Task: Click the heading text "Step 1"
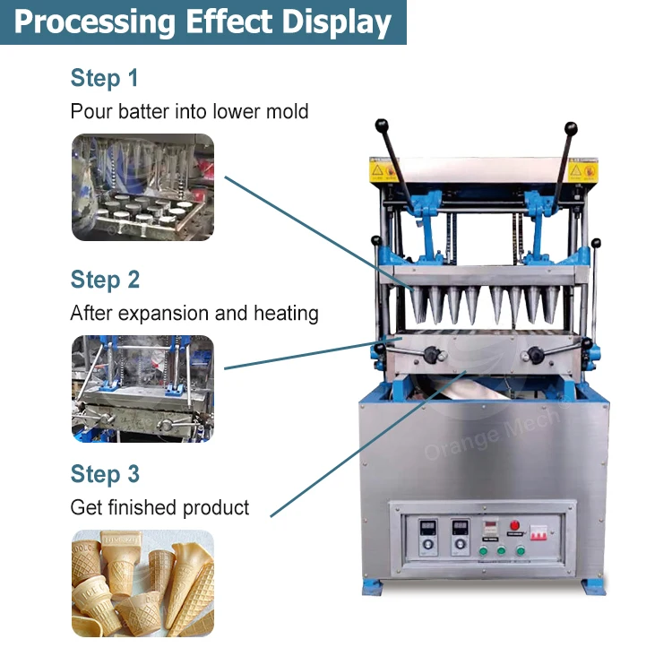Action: pyautogui.click(x=104, y=78)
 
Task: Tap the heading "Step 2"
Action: pyautogui.click(x=105, y=280)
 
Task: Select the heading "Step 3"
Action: pyautogui.click(x=105, y=474)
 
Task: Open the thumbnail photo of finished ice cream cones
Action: pyautogui.click(x=142, y=583)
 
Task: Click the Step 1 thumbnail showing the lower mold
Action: pyautogui.click(x=142, y=187)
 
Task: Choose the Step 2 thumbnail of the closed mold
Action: pyautogui.click(x=142, y=388)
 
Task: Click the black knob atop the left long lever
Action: pyautogui.click(x=381, y=125)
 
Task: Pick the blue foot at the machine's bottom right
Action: pyautogui.click(x=593, y=586)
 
